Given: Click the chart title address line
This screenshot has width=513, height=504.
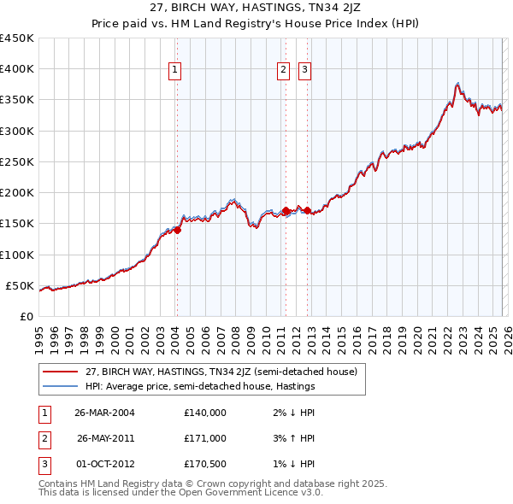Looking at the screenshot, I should click(x=256, y=8).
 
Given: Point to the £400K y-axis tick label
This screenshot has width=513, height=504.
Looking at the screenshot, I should click(x=17, y=69).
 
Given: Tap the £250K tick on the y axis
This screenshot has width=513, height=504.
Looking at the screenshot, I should click(x=17, y=161).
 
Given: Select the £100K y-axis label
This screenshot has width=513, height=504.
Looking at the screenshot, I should click(x=17, y=255).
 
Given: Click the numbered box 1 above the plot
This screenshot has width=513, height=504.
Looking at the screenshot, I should click(x=175, y=71).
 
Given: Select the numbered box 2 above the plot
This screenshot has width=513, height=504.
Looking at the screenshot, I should click(x=283, y=71).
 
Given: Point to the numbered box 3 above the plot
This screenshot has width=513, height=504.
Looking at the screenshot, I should click(x=304, y=71).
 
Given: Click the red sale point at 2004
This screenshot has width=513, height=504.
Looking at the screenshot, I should click(x=177, y=229).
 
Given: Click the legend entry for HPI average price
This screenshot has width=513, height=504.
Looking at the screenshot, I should click(x=200, y=386).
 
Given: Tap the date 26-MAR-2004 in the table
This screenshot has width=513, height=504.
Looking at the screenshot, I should click(x=104, y=413).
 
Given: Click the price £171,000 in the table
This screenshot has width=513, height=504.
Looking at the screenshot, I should click(x=205, y=438).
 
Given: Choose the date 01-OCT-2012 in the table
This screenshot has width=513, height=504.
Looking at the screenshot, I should click(x=104, y=464).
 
